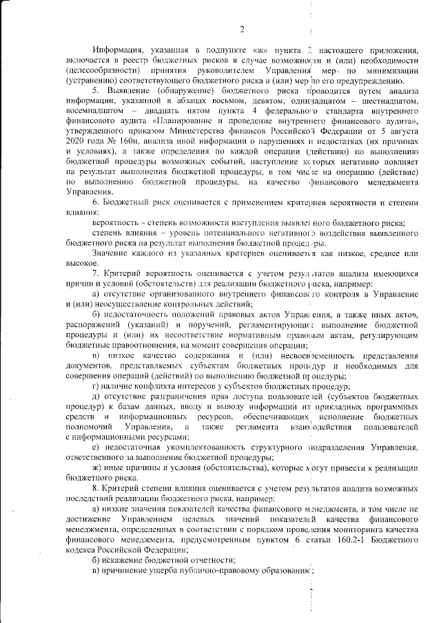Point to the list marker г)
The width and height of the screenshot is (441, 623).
click(x=96, y=387)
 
